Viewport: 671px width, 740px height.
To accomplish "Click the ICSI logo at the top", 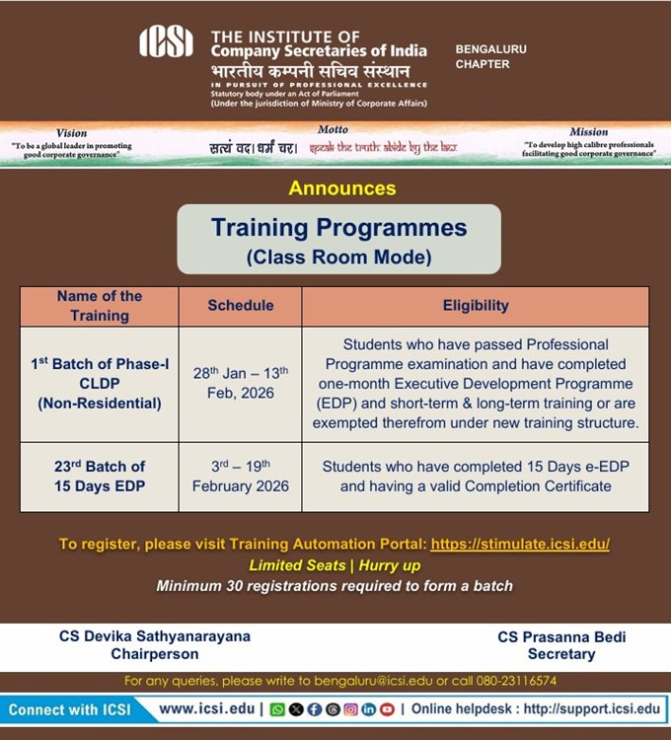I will [166, 41].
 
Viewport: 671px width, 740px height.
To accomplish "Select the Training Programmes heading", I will [338, 228].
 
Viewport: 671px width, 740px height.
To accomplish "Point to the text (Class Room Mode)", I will [338, 259].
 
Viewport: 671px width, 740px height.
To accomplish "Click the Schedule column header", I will [240, 306].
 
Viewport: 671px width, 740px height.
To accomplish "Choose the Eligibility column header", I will [476, 306].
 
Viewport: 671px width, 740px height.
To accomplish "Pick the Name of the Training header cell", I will [100, 306].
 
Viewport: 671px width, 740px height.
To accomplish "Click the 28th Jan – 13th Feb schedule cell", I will [240, 384].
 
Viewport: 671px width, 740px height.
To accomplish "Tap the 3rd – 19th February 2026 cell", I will [240, 476].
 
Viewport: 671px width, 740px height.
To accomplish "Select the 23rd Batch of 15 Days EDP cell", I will [100, 476].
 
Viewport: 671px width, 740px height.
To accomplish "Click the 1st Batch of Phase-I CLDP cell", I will [100, 384].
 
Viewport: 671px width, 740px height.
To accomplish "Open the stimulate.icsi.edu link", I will [520, 544].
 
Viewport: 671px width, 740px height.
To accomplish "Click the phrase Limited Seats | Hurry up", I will [335, 564].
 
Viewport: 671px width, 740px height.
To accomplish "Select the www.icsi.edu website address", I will [206, 708].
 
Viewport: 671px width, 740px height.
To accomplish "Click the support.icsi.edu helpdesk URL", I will [592, 708].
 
